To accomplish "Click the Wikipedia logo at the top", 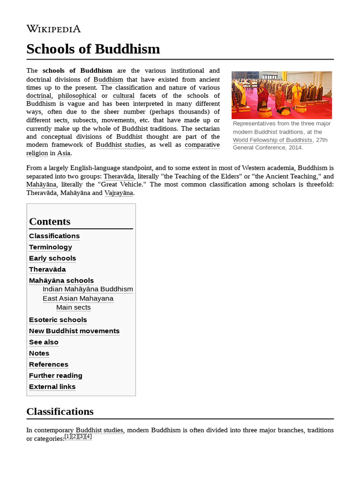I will pos(53,29).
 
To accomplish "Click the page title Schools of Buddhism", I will pos(93,49).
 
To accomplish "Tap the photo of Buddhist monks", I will pos(281,95).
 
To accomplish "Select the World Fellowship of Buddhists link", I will pos(272,140).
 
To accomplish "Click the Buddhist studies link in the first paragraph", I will pos(120,145).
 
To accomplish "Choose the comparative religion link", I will pos(202,145).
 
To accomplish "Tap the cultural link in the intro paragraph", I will pos(123,96).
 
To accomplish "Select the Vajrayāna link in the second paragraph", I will pos(119,193).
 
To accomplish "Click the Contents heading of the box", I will pos(50,222).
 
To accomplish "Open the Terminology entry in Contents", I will pos(51,247).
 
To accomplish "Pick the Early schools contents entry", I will pos(52,258).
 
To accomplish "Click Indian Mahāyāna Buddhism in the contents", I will pos(88,289).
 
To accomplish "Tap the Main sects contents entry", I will pos(74,307).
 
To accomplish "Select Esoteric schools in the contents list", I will pos(58,320).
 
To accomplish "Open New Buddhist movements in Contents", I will pos(75,331).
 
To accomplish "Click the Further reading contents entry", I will pos(56,375).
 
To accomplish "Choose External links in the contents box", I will pos(52,387).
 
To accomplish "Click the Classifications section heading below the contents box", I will pos(60,412).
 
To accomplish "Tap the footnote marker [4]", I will pos(88,436).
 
